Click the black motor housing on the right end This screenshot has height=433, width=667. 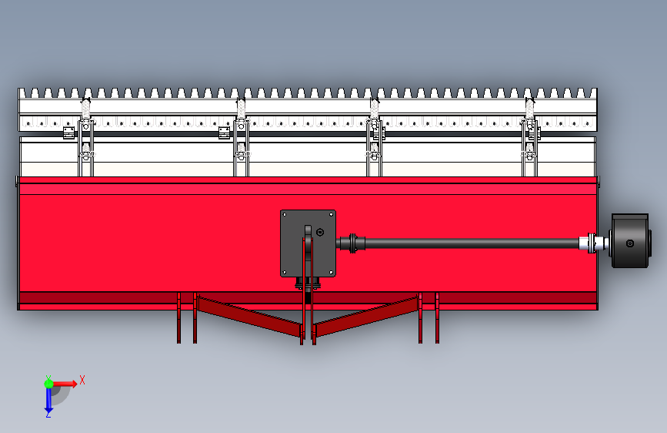[630, 241]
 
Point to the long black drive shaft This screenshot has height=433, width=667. [472, 243]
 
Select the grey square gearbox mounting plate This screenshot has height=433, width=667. [308, 243]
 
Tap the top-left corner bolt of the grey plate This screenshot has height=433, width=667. [285, 214]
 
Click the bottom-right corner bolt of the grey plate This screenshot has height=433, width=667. [331, 272]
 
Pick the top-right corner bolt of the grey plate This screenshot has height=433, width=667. [331, 214]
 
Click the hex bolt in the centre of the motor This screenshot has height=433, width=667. [630, 243]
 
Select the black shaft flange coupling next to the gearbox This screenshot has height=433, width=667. [353, 243]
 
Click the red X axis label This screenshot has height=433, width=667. [82, 380]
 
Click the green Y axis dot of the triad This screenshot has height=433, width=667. [48, 384]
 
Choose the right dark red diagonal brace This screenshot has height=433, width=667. [367, 316]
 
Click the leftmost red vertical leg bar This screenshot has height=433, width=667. [179, 317]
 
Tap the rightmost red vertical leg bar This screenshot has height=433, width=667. [437, 317]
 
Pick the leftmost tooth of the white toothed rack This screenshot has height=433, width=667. [22, 93]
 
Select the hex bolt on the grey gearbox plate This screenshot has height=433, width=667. [320, 232]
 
